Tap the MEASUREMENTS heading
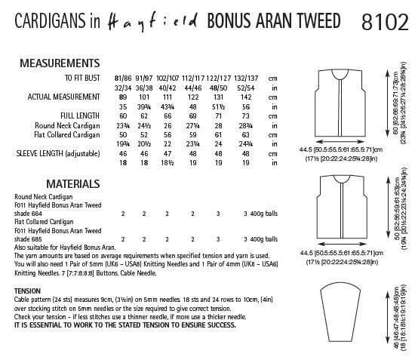[61, 66]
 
